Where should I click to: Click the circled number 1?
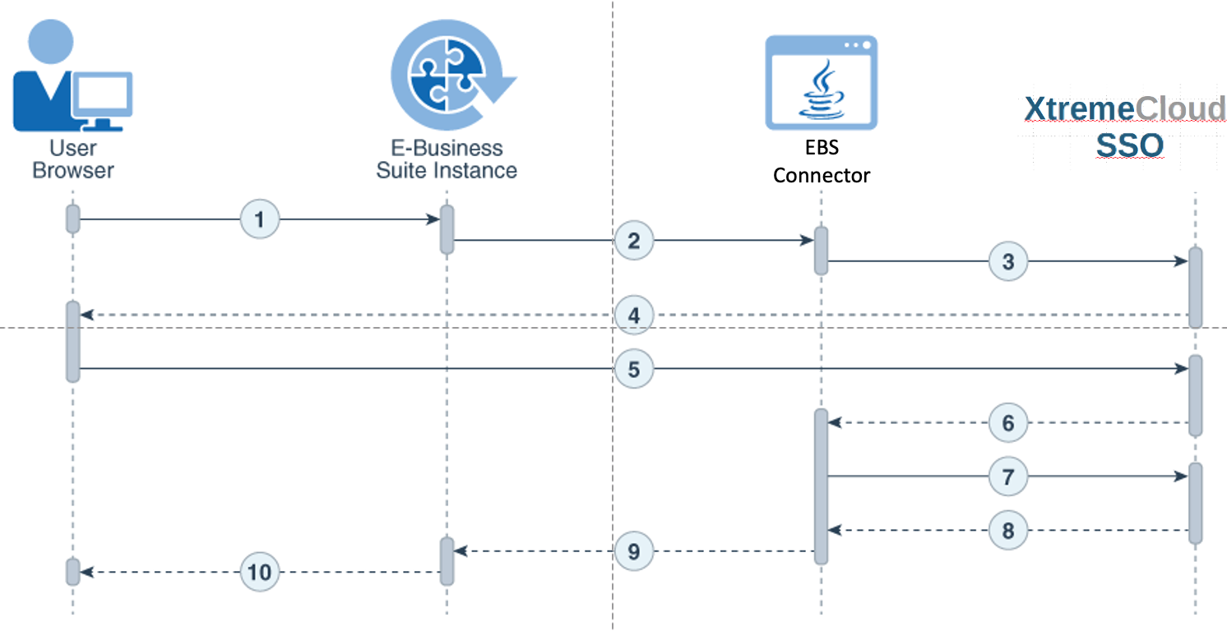[260, 219]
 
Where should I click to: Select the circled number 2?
[634, 240]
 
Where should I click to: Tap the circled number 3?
[1008, 261]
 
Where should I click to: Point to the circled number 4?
[634, 315]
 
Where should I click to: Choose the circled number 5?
[634, 369]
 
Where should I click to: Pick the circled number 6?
[1008, 422]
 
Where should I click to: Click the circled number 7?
[1008, 476]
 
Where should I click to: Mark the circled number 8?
[1008, 530]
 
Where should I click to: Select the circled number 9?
[634, 551]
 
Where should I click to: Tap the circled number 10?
[260, 572]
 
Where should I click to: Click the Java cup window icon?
[821, 83]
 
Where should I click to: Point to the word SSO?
[1129, 145]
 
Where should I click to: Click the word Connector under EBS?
[821, 176]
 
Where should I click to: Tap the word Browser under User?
[73, 170]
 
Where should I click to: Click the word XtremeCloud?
[1124, 108]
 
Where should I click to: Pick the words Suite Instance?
[447, 170]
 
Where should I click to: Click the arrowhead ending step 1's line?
[433, 219]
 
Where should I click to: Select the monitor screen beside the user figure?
[103, 94]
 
